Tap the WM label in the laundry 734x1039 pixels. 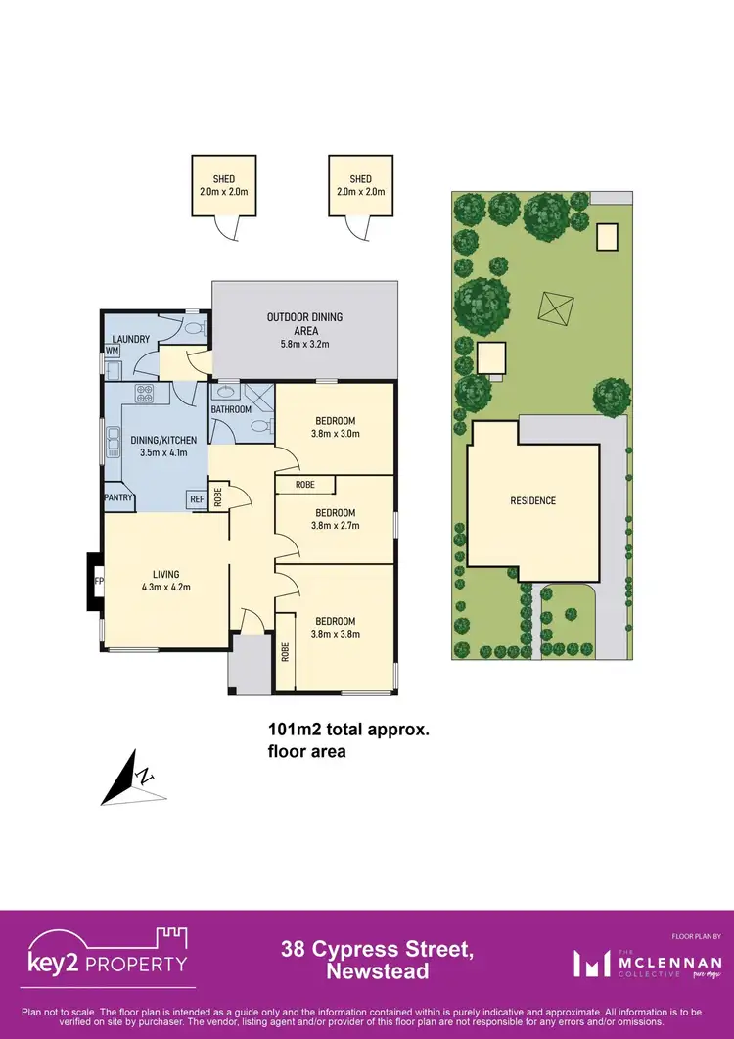[113, 350]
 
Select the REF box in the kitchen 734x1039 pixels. [197, 498]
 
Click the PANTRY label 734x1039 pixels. [118, 496]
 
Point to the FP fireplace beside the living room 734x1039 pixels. [97, 580]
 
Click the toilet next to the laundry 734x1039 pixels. [194, 327]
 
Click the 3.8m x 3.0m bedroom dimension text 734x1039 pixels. [336, 433]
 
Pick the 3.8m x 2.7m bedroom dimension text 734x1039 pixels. [336, 525]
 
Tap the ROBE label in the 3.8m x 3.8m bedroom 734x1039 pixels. [285, 651]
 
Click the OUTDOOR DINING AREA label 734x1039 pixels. [305, 323]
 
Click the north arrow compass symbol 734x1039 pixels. [129, 778]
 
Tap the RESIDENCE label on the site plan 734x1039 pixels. [532, 500]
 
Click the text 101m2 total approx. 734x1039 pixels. [348, 729]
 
